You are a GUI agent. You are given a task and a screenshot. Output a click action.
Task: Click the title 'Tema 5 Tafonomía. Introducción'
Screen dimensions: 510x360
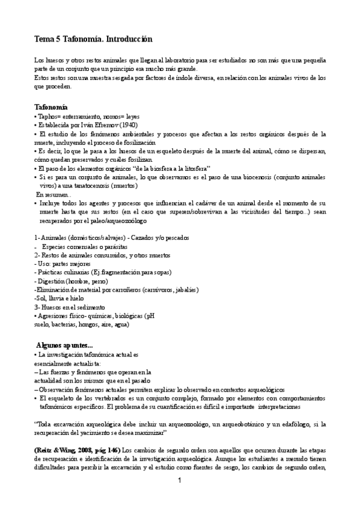(x=93, y=39)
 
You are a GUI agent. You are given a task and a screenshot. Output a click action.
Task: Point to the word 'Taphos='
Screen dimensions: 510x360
(x=49, y=116)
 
